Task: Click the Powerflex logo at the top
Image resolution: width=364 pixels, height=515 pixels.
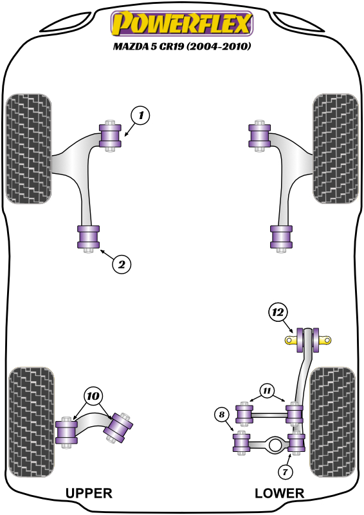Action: click(182, 23)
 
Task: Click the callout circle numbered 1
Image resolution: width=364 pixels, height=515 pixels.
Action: click(140, 115)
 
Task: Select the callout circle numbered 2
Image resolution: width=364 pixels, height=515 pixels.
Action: click(122, 264)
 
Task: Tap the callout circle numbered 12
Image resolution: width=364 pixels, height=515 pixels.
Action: click(278, 312)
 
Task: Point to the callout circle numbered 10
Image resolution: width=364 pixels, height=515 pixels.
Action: click(93, 396)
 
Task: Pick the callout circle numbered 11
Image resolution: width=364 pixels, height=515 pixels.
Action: click(267, 391)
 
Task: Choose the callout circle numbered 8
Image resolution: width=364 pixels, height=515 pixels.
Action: click(223, 415)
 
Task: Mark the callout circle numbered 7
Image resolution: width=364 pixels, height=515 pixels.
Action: click(285, 473)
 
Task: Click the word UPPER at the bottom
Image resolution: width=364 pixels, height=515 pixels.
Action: click(89, 493)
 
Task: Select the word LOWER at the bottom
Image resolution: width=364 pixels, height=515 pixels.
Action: click(280, 493)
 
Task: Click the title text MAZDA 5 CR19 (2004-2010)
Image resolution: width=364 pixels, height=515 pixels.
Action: click(182, 46)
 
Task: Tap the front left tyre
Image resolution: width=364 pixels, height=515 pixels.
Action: click(28, 149)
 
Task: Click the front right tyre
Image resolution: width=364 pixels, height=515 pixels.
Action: click(336, 149)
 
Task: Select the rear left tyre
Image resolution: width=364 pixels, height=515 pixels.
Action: click(31, 422)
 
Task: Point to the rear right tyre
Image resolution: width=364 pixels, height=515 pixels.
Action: click(332, 422)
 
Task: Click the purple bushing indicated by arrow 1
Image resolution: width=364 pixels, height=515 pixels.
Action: click(110, 136)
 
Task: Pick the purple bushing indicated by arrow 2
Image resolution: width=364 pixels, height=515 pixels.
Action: click(88, 237)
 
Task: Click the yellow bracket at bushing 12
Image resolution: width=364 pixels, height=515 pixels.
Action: click(307, 341)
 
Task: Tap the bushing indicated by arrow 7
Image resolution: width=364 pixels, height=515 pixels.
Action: click(296, 443)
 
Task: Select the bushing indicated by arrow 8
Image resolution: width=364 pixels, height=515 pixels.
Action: click(242, 443)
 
